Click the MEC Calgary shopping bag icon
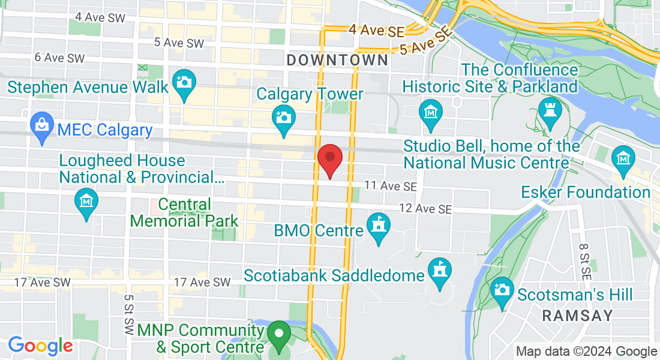click(x=42, y=126)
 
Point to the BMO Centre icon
click(x=379, y=226)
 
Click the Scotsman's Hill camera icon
click(x=502, y=290)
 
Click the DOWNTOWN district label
click(x=337, y=60)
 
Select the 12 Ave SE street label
click(x=427, y=209)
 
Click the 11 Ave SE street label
click(x=391, y=187)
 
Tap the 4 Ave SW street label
click(x=100, y=17)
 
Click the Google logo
click(x=40, y=346)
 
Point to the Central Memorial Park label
click(x=184, y=213)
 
